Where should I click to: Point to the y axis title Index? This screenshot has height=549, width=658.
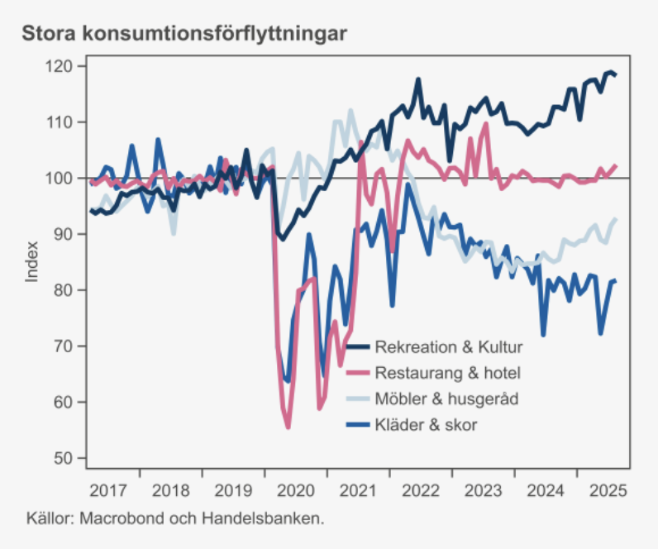[32, 261]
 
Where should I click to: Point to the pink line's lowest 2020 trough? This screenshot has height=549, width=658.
[288, 427]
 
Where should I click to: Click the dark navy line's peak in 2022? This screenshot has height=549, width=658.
[418, 79]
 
